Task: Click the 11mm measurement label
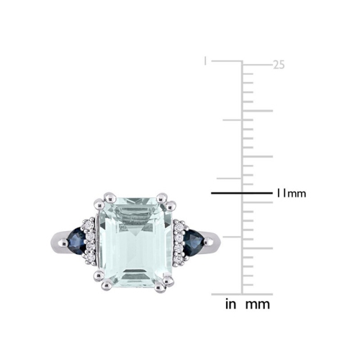(291, 194)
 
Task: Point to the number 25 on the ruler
(279, 65)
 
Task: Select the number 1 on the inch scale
(205, 62)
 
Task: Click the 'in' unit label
(231, 305)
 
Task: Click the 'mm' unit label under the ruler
(257, 305)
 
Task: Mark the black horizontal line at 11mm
(237, 193)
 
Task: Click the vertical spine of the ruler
(242, 180)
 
